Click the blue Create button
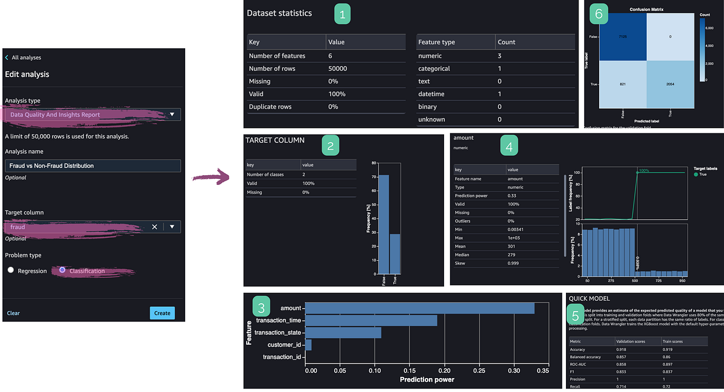point(162,313)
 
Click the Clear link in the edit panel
point(13,313)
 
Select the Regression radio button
point(11,271)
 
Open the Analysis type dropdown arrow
point(172,114)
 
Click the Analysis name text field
point(92,165)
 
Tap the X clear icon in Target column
point(154,227)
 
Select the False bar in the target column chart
point(384,224)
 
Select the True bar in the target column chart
point(395,254)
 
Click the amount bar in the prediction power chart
point(419,308)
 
